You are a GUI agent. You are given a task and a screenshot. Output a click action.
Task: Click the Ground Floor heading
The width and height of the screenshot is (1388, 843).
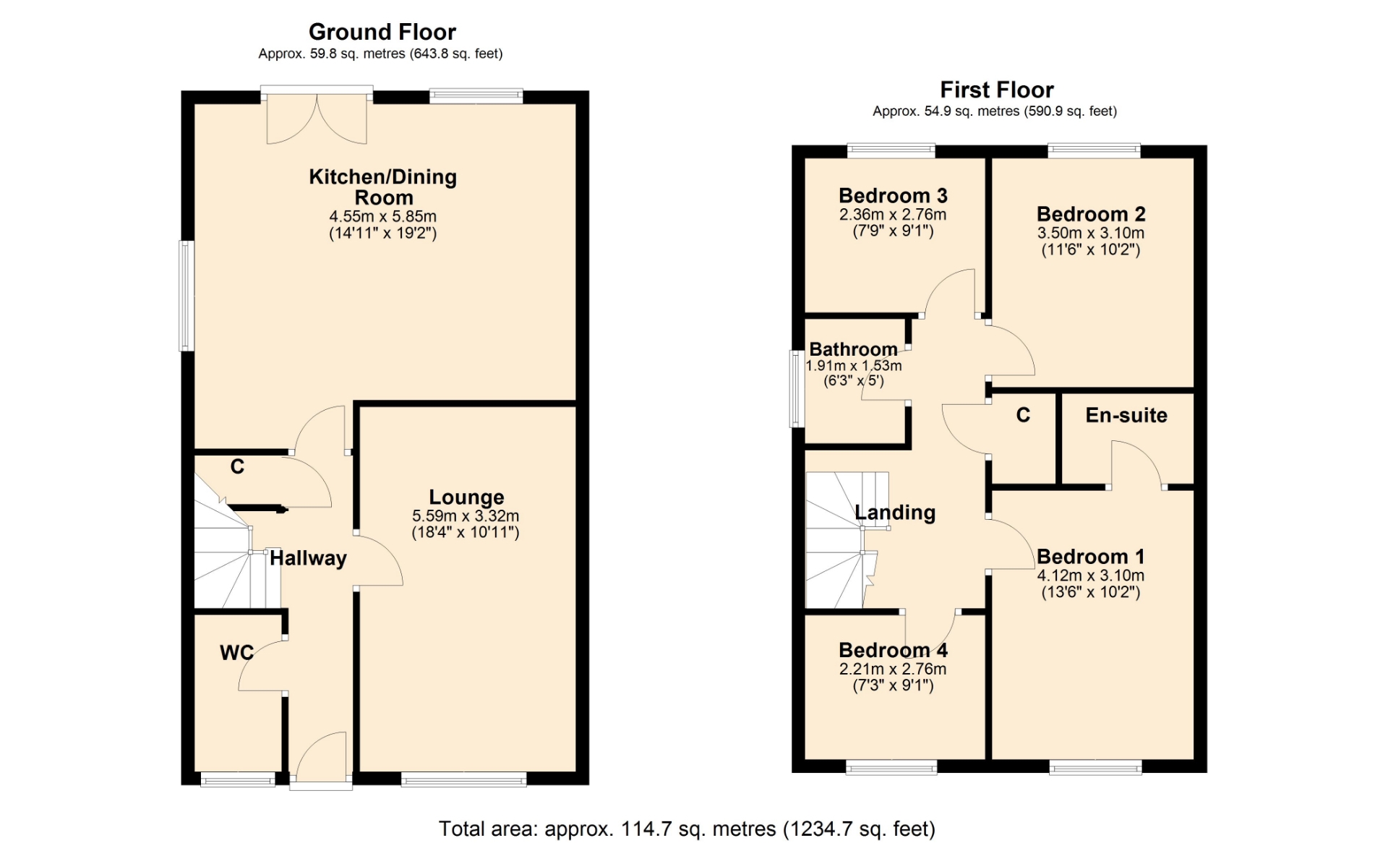(382, 32)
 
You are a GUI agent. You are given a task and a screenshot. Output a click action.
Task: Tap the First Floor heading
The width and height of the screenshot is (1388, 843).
(997, 90)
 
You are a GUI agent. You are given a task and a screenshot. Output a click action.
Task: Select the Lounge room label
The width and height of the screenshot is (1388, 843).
(466, 497)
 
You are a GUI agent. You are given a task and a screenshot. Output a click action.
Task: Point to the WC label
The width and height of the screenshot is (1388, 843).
(236, 653)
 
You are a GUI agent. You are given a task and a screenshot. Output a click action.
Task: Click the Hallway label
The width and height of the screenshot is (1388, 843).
(308, 558)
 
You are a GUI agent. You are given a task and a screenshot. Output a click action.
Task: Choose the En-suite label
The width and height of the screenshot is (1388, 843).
(1126, 415)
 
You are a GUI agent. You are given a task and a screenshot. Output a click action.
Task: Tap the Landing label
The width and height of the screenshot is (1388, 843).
(895, 513)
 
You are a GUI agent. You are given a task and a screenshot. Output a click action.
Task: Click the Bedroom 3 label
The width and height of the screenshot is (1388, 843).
(893, 196)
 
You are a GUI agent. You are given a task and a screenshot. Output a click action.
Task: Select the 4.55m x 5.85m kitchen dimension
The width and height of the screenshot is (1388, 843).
(383, 216)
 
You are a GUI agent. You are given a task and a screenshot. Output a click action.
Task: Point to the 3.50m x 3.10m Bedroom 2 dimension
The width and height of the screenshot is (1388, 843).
(1091, 233)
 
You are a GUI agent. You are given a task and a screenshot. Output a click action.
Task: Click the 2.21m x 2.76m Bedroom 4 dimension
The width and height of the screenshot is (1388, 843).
(893, 669)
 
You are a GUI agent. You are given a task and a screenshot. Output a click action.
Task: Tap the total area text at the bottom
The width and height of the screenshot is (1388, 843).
(687, 829)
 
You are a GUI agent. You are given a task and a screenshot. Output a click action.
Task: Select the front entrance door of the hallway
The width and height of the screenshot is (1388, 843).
(321, 761)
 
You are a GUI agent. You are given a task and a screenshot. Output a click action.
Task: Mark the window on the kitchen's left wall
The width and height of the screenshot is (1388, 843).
(187, 296)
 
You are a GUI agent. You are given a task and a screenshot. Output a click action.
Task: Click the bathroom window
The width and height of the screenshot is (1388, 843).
(797, 388)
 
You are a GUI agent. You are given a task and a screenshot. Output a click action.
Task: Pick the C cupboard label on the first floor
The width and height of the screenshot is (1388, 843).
(1023, 415)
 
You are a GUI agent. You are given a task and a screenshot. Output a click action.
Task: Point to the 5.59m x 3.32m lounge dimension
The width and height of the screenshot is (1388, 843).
(466, 516)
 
